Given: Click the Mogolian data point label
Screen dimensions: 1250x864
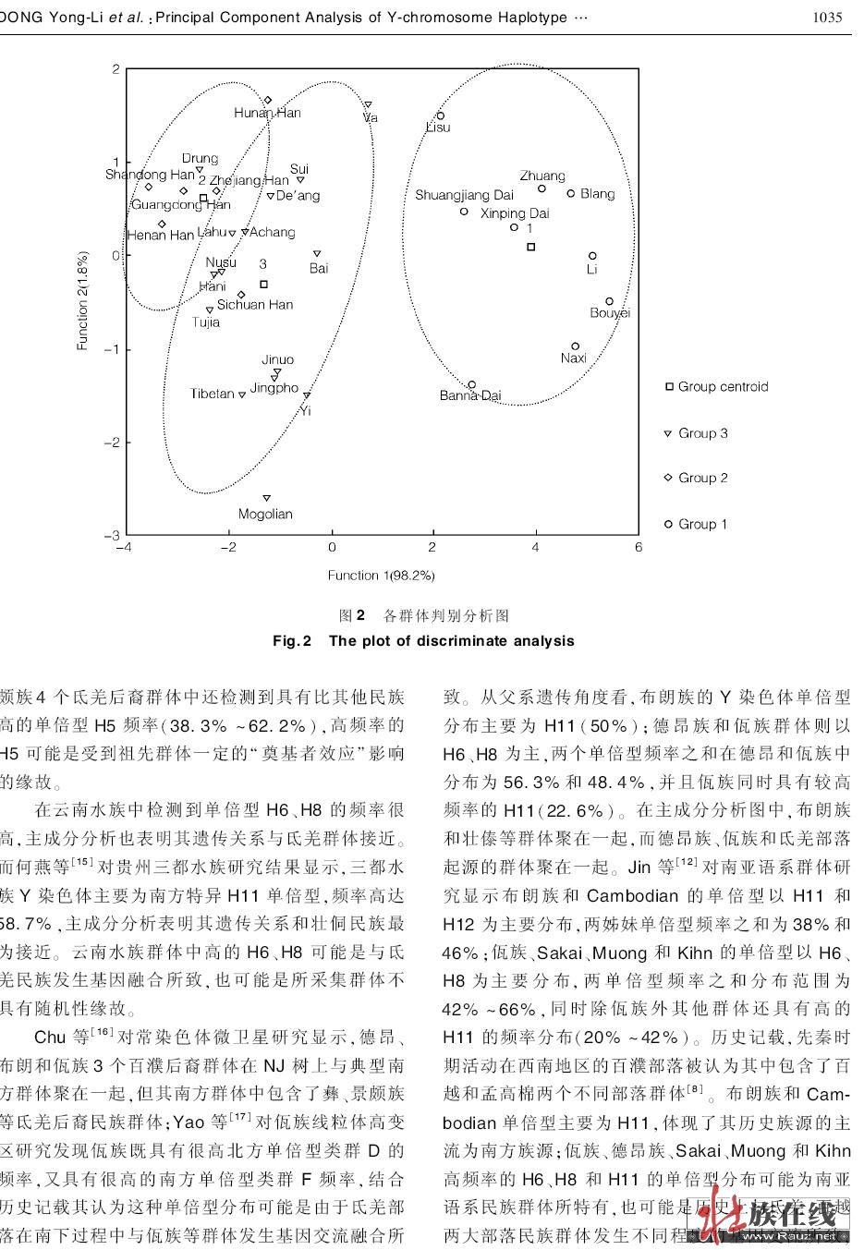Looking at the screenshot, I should coord(265,514).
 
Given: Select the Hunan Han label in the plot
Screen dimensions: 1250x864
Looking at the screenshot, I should coord(267,113).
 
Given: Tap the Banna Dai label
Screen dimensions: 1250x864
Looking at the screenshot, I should coord(470,395).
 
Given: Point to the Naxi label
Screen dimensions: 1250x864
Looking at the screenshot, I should coord(574,358).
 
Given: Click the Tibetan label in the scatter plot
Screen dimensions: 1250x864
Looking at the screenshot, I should coord(213,394).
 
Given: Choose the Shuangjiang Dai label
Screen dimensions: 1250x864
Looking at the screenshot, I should coord(464,195).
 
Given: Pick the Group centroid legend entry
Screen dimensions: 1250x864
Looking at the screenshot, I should coord(717,386).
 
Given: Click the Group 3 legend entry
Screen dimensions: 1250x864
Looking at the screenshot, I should coord(697,432).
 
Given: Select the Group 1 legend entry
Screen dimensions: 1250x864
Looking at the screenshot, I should coord(697,524).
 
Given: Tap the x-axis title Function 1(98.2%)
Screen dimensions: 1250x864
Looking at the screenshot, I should coord(381,575).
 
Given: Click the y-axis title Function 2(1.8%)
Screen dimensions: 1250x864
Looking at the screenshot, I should coord(82,300).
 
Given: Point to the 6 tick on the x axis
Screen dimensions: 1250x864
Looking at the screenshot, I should coord(639,547).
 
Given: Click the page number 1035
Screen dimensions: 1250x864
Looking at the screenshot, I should coord(827,18).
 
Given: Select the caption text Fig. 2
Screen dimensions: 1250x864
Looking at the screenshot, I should coord(293,640).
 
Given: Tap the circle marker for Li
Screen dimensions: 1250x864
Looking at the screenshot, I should coord(592,256).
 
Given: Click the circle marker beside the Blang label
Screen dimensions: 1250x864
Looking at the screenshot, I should coord(571,193).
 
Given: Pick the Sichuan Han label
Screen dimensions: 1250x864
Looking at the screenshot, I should coord(255,304).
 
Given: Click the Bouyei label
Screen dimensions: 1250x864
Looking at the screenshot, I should coord(610,313).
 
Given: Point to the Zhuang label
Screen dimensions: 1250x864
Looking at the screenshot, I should coord(542,176).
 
